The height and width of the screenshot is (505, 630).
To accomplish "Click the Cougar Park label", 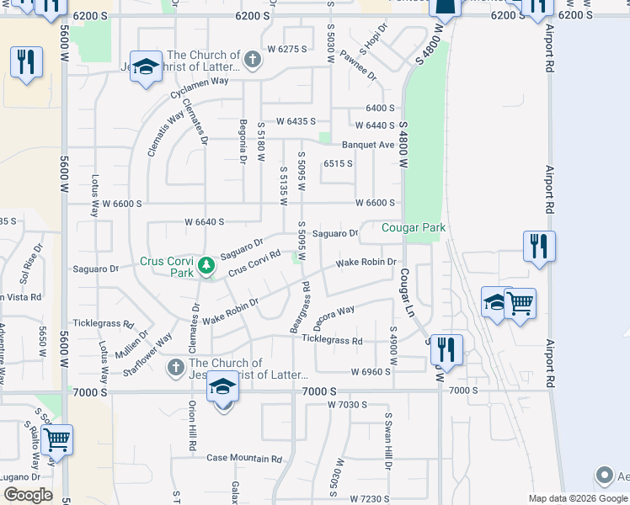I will coord(413,227).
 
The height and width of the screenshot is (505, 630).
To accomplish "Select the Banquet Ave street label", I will coord(368,145).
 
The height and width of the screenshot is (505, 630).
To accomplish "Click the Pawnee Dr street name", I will coord(359,65).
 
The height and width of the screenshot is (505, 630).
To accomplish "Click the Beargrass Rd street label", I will coord(301,312).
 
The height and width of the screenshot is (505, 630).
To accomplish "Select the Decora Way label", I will coord(334,318).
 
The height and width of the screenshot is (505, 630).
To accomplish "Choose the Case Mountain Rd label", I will coord(243,459).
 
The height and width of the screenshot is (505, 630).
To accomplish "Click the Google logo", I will coord(28,495).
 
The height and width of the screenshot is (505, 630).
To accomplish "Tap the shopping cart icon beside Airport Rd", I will coord(521,302).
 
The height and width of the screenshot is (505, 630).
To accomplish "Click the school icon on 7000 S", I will coord(223,388).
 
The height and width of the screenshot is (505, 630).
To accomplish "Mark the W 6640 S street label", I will coord(205,222).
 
